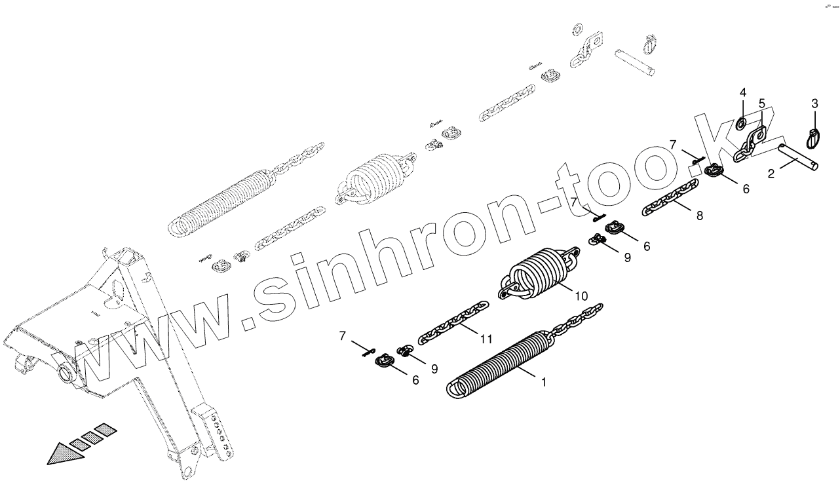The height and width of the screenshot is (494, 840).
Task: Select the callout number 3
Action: click(x=814, y=104)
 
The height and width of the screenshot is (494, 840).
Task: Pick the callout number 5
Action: click(x=762, y=104)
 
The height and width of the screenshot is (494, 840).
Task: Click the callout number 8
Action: click(x=700, y=215)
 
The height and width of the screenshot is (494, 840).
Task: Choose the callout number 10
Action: click(x=582, y=296)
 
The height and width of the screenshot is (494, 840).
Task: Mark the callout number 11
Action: click(x=486, y=339)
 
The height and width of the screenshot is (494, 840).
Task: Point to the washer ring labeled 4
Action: click(x=742, y=123)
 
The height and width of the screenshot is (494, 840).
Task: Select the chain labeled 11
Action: click(x=452, y=324)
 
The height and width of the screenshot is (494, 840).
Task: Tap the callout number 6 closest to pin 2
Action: click(x=745, y=189)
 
